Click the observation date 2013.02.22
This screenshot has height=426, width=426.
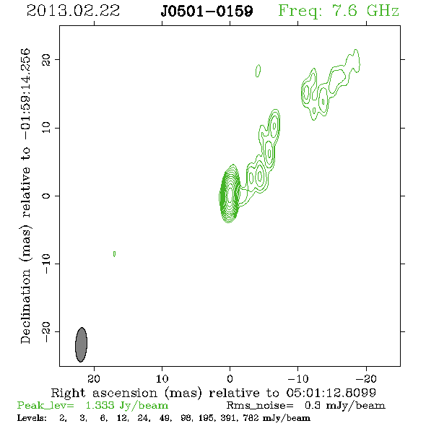click(x=73, y=11)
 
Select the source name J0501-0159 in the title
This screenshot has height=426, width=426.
click(x=207, y=11)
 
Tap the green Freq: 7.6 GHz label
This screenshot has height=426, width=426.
click(x=339, y=11)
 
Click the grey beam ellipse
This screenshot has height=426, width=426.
click(x=81, y=344)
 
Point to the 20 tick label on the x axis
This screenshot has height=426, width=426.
click(x=94, y=378)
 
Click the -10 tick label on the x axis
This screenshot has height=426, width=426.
click(x=297, y=378)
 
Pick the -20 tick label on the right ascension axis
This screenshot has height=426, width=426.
click(x=366, y=378)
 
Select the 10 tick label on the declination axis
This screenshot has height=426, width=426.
click(x=46, y=128)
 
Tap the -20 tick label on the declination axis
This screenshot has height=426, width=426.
click(x=46, y=331)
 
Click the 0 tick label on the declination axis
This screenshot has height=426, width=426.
click(x=46, y=196)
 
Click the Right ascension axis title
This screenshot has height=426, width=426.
click(x=213, y=393)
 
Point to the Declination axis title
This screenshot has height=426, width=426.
click(x=25, y=196)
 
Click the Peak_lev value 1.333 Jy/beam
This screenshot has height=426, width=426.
click(x=127, y=406)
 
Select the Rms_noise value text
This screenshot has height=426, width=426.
click(x=344, y=406)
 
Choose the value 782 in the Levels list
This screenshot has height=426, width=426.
click(x=252, y=418)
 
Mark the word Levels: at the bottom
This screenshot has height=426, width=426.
click(x=32, y=418)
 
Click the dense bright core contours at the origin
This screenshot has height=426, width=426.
click(x=230, y=194)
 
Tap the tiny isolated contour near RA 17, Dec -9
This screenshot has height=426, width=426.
click(x=114, y=254)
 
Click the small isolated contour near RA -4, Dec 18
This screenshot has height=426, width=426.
click(x=258, y=71)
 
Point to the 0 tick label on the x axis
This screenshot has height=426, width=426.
click(x=230, y=378)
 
